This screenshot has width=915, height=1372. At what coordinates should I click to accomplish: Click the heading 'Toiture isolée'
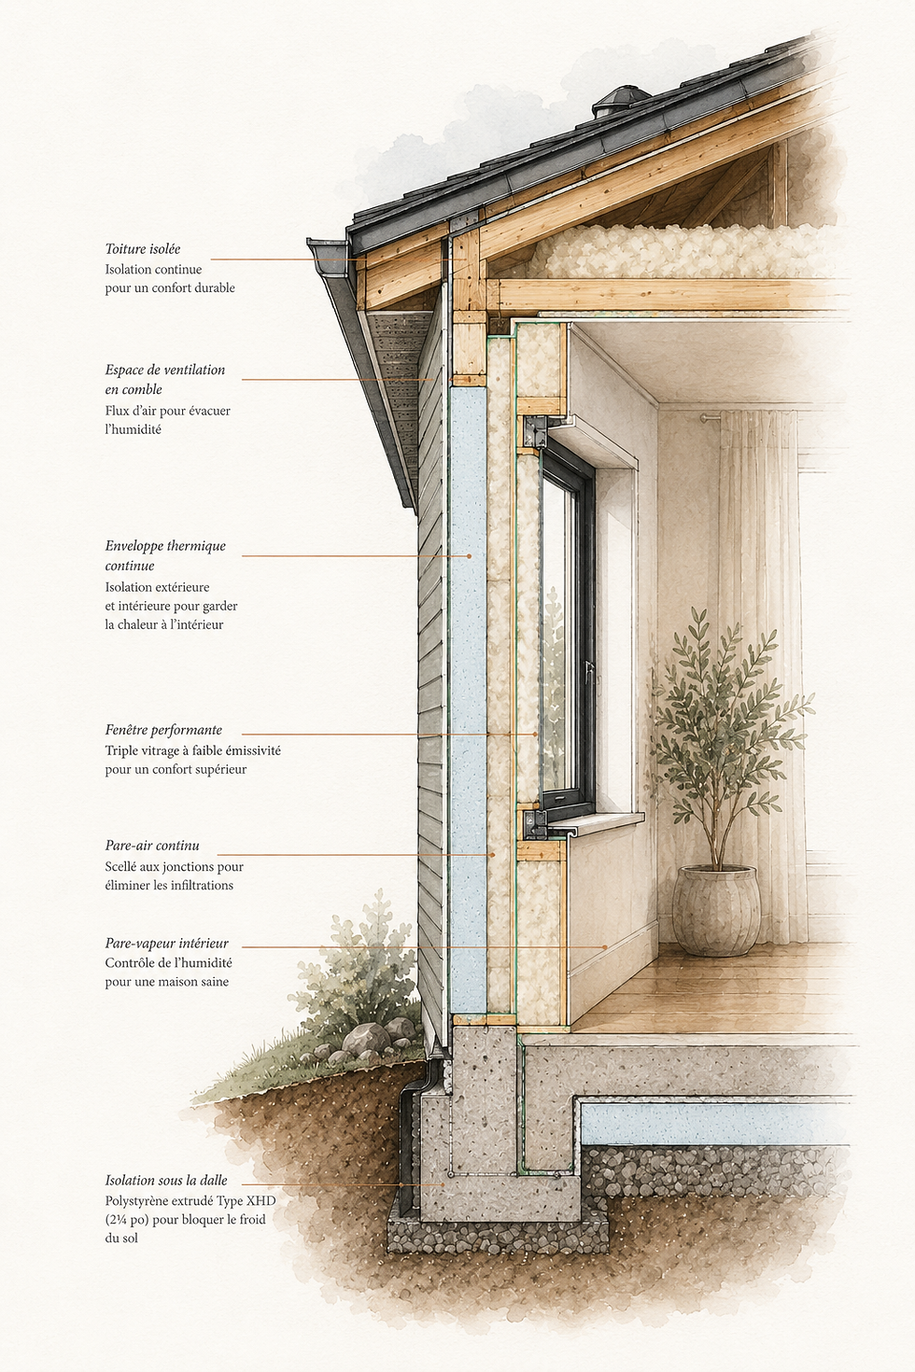click(x=143, y=249)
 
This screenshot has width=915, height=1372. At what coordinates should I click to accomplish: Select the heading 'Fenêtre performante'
click(x=163, y=730)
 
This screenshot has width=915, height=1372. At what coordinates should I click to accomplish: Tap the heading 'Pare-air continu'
click(x=152, y=846)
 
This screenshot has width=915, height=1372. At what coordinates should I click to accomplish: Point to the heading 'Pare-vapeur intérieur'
click(x=167, y=944)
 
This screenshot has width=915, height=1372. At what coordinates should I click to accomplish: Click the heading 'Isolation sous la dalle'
click(x=166, y=1181)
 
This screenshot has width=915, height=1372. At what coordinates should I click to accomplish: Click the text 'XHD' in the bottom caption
click(x=263, y=1200)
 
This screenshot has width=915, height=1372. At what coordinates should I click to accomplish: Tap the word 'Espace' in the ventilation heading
click(x=124, y=371)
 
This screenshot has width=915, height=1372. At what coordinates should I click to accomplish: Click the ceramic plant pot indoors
click(x=716, y=909)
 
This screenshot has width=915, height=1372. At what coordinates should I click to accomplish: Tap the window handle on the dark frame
click(x=589, y=671)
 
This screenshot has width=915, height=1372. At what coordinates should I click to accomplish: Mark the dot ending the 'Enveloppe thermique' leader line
click(x=470, y=556)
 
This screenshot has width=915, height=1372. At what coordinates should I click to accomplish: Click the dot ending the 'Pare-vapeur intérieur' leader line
click(x=605, y=947)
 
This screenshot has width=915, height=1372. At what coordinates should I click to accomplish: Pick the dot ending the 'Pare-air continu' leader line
click(x=491, y=854)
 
